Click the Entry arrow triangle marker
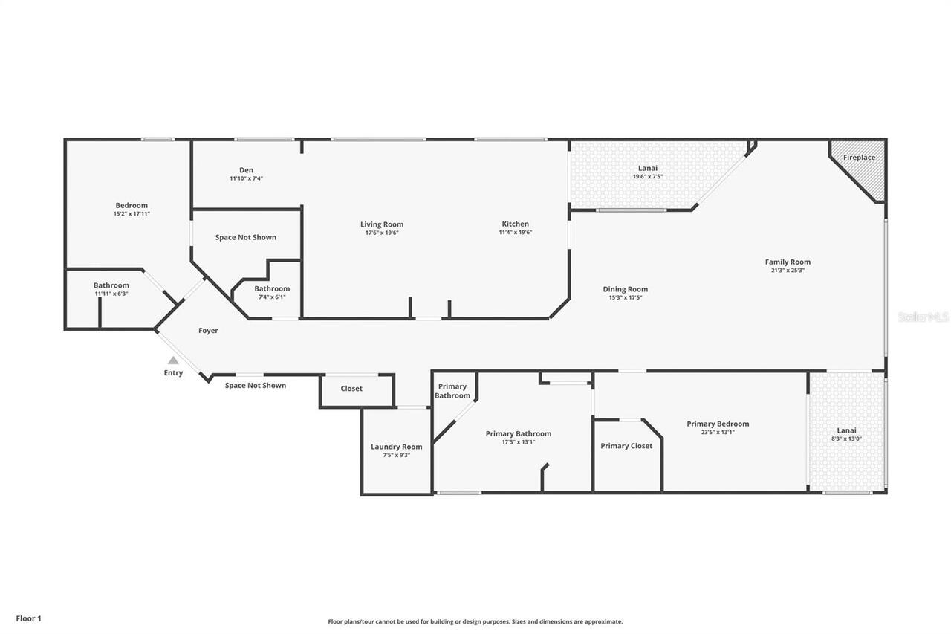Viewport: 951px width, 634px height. tap(173, 360)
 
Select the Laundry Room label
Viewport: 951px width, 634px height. tap(397, 447)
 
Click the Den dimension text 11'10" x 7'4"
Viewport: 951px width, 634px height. tap(246, 178)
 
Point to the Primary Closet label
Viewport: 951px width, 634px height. tap(626, 446)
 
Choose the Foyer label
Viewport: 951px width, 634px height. tap(208, 330)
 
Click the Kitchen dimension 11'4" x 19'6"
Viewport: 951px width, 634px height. tap(515, 232)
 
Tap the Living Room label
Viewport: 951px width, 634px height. tap(382, 224)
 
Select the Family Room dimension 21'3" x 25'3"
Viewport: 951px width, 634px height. tap(788, 271)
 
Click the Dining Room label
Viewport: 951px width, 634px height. tap(625, 289)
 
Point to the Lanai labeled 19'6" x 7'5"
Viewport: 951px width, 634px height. tap(648, 172)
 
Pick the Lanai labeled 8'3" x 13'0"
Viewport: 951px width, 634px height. tap(846, 434)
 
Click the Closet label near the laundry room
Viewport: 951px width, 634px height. tap(351, 389)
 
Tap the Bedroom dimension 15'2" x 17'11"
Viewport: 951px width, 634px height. tap(132, 214)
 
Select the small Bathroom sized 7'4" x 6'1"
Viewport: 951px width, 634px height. tap(272, 292)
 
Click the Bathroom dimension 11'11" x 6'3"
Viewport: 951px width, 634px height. tap(111, 294)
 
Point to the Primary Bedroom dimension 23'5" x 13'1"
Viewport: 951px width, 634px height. tap(718, 432)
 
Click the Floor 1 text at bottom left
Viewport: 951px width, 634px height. tap(28, 618)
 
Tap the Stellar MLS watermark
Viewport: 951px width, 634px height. tap(923, 317)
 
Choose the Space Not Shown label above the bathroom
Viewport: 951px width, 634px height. tap(246, 237)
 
